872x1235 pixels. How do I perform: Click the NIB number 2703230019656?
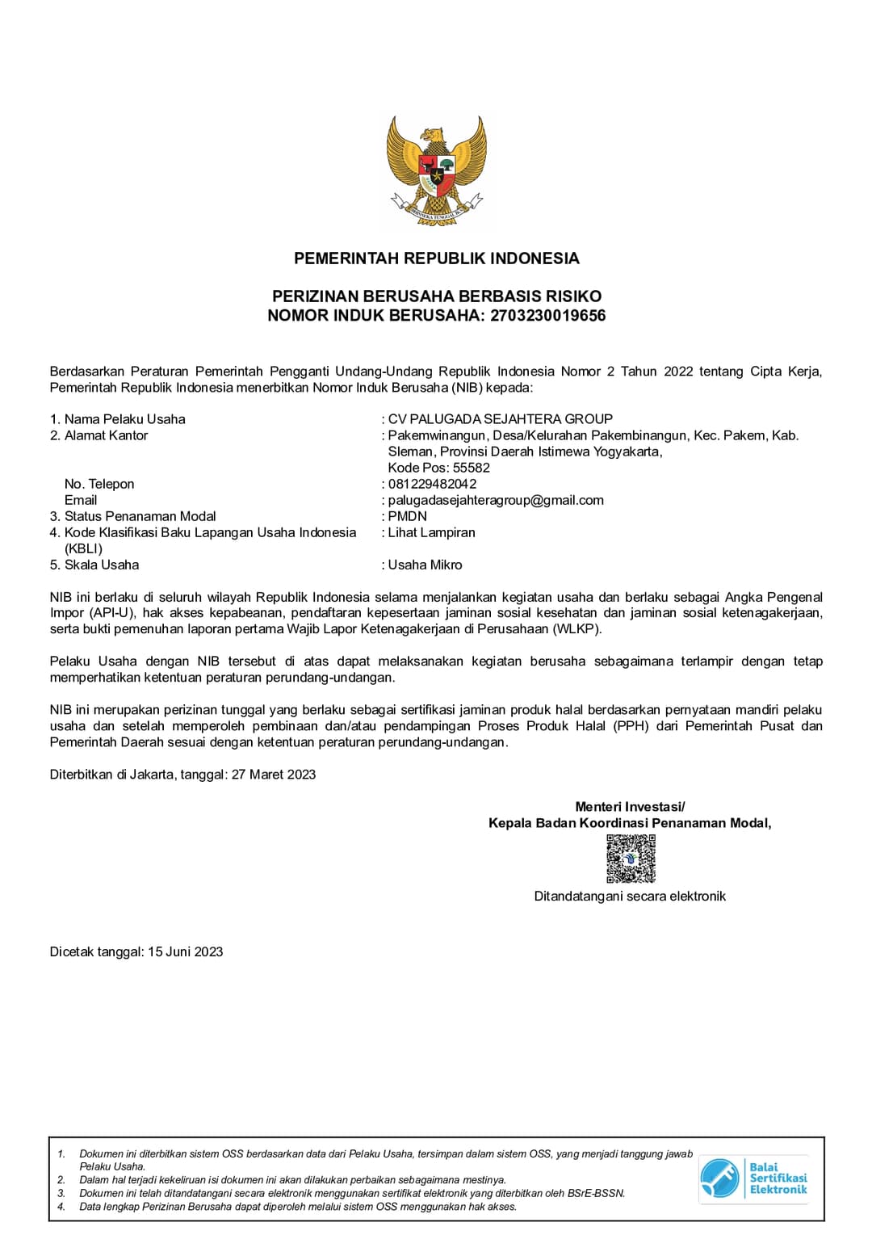pyautogui.click(x=547, y=316)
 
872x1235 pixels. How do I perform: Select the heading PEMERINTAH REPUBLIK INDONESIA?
pyautogui.click(x=436, y=258)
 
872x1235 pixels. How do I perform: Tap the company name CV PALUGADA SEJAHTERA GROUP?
pyautogui.click(x=500, y=419)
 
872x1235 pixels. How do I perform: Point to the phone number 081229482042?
pyautogui.click(x=432, y=484)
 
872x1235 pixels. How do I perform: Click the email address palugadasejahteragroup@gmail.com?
pyautogui.click(x=496, y=500)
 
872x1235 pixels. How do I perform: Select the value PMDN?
pyautogui.click(x=407, y=516)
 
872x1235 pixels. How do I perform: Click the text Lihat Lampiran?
pyautogui.click(x=431, y=532)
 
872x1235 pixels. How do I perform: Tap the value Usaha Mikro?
pyautogui.click(x=425, y=565)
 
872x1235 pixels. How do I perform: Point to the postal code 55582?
pyautogui.click(x=472, y=468)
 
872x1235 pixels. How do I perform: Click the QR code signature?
pyautogui.click(x=631, y=859)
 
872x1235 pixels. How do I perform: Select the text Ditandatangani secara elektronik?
pyautogui.click(x=630, y=896)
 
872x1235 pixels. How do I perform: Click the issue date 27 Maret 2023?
pyautogui.click(x=274, y=775)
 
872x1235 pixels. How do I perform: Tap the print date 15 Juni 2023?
pyautogui.click(x=185, y=951)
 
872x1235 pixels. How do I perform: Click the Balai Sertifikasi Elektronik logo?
pyautogui.click(x=753, y=1178)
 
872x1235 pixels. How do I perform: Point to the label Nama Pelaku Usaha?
pyautogui.click(x=124, y=419)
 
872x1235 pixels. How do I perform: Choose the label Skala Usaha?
pyautogui.click(x=101, y=565)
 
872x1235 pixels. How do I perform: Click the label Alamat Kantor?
pyautogui.click(x=106, y=435)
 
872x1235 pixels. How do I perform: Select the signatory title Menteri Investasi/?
pyautogui.click(x=630, y=806)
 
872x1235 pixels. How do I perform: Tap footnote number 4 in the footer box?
pyautogui.click(x=61, y=1207)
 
